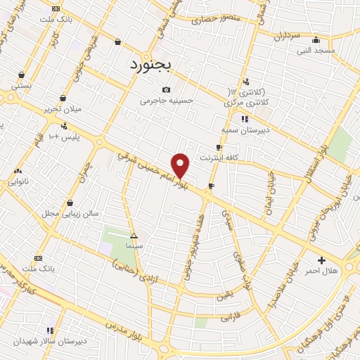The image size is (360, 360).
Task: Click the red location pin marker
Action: (x=181, y=165)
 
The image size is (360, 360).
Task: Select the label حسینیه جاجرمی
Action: (x=166, y=101)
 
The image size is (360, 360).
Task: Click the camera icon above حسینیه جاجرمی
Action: (x=166, y=89)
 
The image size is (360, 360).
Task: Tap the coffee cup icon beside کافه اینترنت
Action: (x=219, y=147)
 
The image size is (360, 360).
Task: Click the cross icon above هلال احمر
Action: (x=321, y=259)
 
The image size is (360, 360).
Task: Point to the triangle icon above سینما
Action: (x=134, y=236)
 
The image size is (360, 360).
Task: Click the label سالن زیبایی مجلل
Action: (x=70, y=213)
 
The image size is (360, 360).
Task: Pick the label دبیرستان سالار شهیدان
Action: (x=50, y=342)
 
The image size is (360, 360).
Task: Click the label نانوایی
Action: (x=18, y=181)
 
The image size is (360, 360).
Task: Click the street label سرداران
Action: (x=287, y=34)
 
